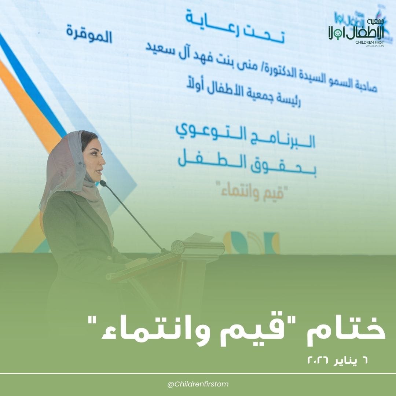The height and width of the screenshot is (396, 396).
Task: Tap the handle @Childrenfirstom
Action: click(198, 384)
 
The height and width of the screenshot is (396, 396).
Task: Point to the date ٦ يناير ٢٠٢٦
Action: click(337, 361)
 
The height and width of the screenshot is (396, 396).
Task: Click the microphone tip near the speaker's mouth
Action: click(102, 183)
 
